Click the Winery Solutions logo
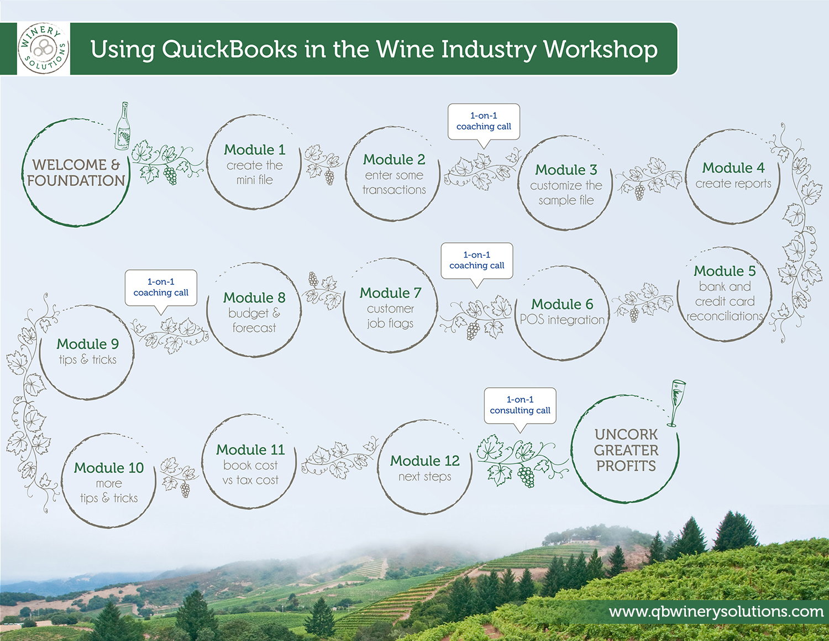44,49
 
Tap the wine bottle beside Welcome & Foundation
123,126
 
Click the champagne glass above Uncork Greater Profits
676,403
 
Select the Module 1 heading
254,150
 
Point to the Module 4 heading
733,168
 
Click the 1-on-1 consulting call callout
520,405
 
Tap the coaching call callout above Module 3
484,121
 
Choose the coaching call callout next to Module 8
161,287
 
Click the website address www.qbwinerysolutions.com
716,612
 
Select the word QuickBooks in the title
229,49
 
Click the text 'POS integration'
562,320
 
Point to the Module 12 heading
424,461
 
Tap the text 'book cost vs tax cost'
250,473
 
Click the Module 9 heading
87,344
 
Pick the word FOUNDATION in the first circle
76,181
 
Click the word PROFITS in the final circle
626,466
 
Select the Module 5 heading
725,270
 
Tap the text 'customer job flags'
390,316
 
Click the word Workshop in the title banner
601,49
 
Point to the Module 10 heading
109,468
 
